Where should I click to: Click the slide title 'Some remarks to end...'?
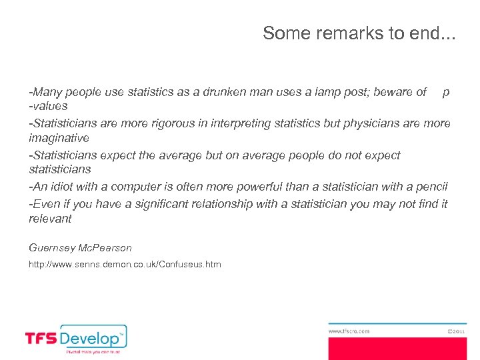point(359,33)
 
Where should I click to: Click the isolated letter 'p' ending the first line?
point(445,93)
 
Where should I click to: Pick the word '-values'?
point(48,106)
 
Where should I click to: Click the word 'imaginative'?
point(59,138)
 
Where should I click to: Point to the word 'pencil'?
point(432,187)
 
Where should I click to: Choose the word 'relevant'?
point(50,219)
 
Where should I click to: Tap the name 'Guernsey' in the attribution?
point(52,248)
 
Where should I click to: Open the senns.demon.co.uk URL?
point(125,265)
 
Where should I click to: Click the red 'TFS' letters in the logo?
point(41,339)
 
